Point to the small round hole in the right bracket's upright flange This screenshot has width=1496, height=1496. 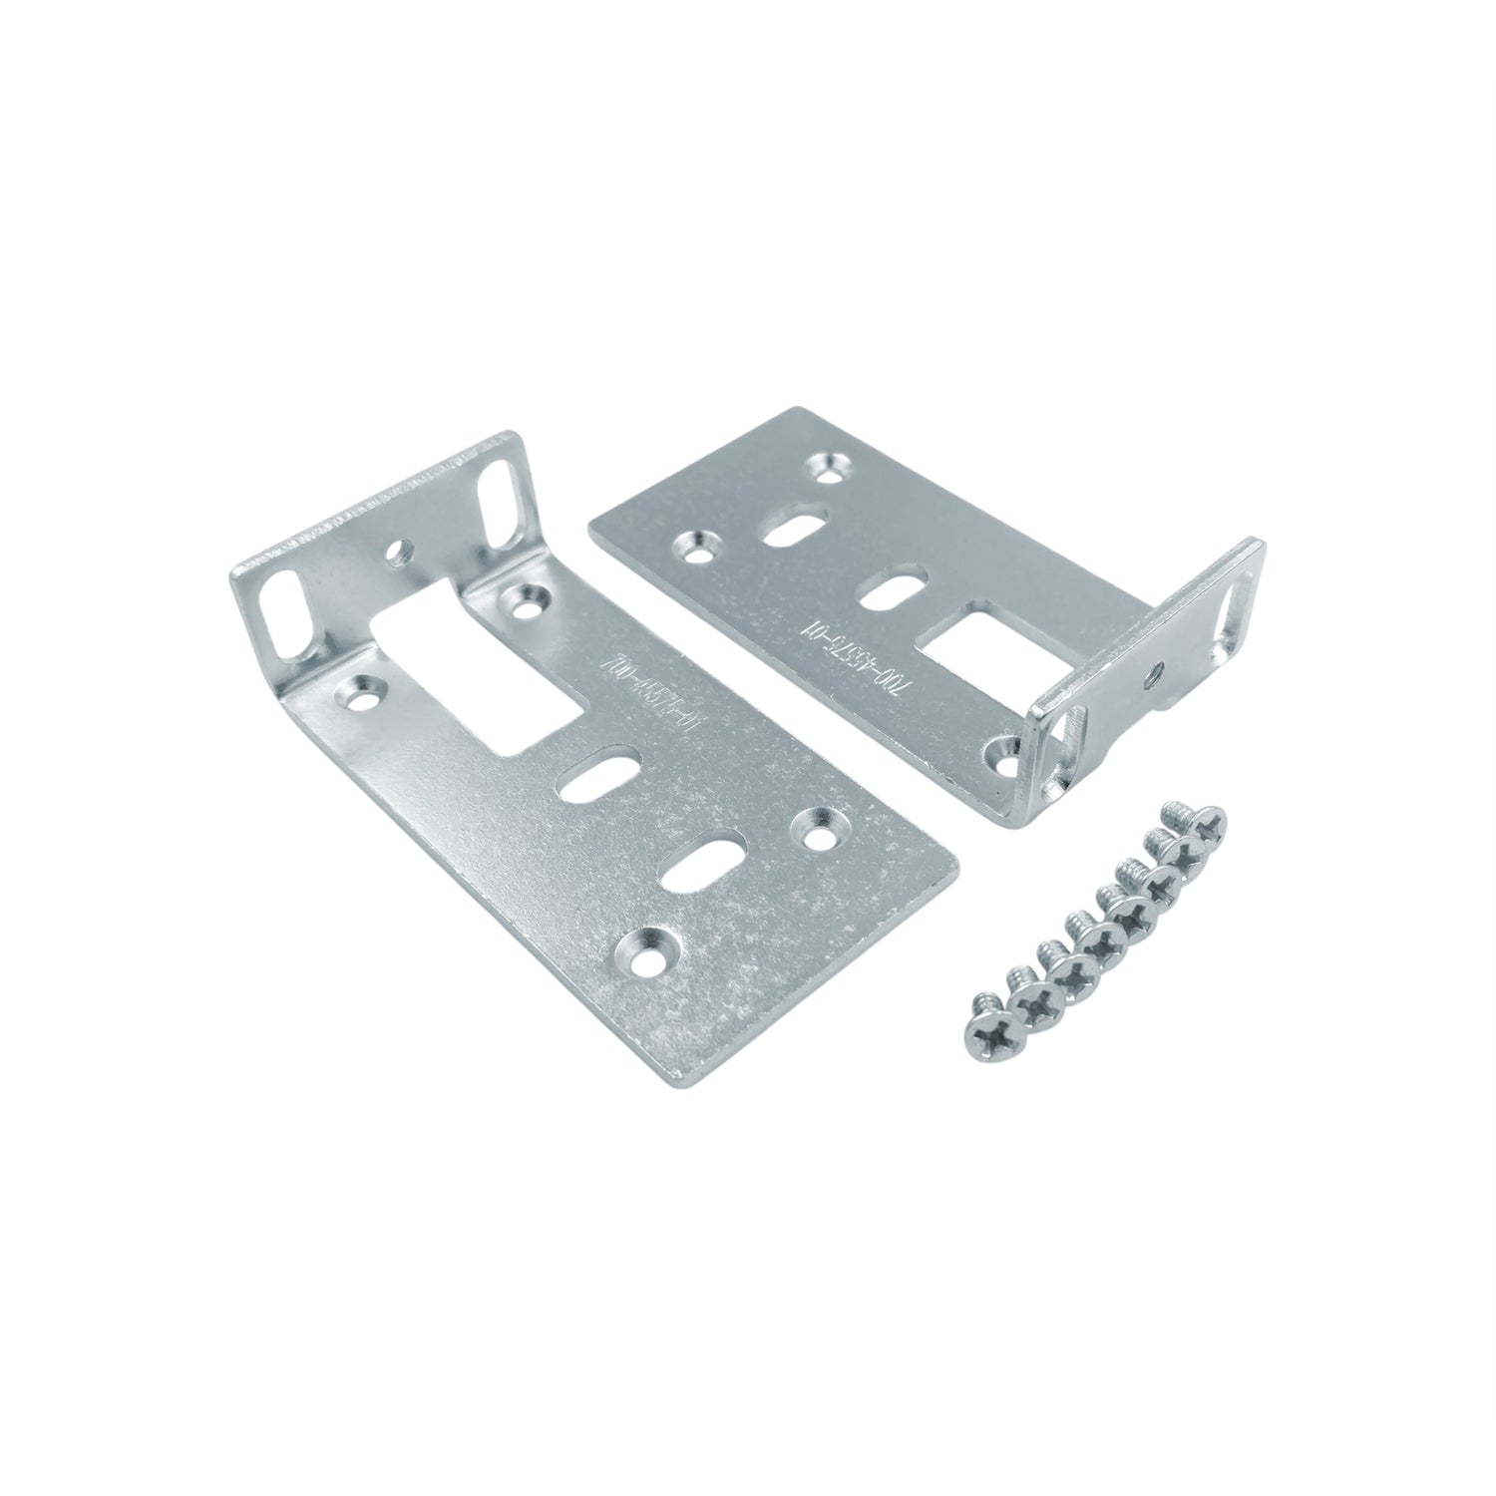pos(1156,671)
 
